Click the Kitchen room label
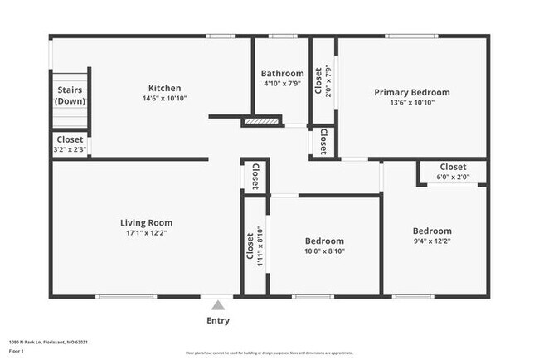(x=164, y=89)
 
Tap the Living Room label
(x=146, y=222)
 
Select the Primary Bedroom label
(x=412, y=92)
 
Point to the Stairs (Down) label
(x=70, y=95)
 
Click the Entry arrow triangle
(x=217, y=305)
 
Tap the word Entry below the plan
(x=217, y=320)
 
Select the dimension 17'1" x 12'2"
(x=146, y=233)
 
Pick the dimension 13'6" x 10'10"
(x=412, y=103)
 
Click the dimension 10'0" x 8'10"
(x=324, y=251)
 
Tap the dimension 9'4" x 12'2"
(x=432, y=241)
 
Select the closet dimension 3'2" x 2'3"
(x=70, y=150)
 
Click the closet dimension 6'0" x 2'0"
(x=453, y=177)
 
